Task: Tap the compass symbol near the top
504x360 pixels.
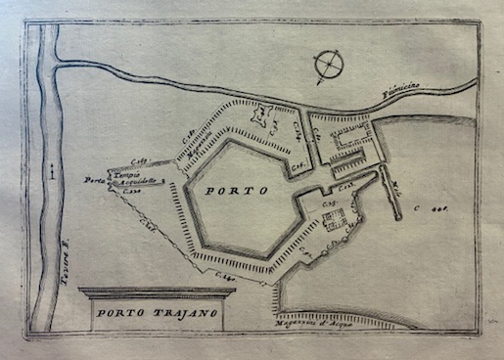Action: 329,66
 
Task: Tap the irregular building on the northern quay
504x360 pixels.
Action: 259,116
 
